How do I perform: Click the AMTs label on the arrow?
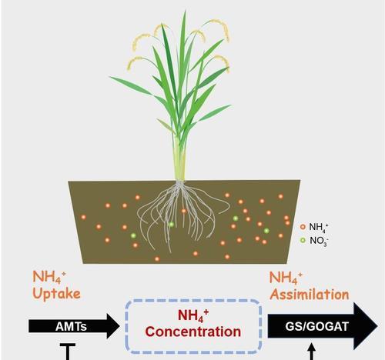pos(71,327)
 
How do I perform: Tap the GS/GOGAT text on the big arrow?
pos(317,326)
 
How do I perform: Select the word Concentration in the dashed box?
pos(193,332)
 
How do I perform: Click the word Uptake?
pos(56,294)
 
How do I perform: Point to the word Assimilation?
pos(310,295)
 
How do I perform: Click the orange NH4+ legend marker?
pos(303,227)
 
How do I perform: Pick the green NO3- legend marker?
pos(303,240)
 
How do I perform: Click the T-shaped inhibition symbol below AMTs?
pos(68,352)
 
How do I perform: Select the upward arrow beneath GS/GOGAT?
pos(311,352)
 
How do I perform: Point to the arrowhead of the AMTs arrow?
pos(113,326)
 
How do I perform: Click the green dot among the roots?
pos(172,225)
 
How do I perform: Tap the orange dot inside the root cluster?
pos(184,211)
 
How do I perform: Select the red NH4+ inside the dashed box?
pos(193,316)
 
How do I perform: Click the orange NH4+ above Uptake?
pos(49,277)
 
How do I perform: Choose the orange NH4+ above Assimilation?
pos(286,278)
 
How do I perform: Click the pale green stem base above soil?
pos(179,159)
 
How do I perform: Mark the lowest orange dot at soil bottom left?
pos(157,259)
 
